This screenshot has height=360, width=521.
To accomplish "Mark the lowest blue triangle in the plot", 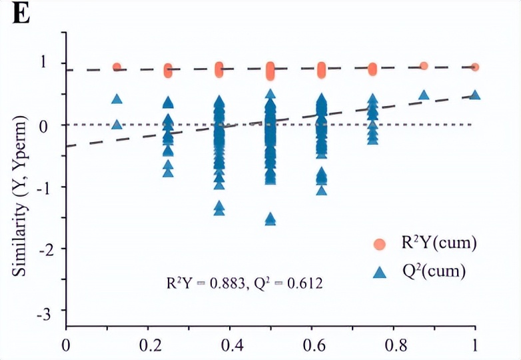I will [270, 219].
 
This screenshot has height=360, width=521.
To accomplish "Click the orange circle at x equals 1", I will [475, 67].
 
